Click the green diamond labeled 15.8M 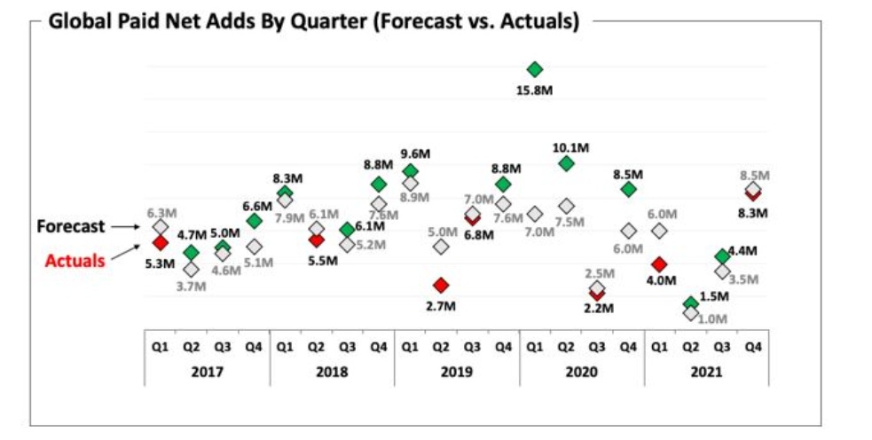(x=534, y=69)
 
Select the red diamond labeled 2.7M (x=441, y=285)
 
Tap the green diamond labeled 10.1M (x=566, y=163)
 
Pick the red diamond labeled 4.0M (x=659, y=263)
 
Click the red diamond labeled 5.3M (x=160, y=242)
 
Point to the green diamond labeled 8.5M (x=629, y=189)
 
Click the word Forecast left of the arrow (x=71, y=226)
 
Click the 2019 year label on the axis (x=457, y=373)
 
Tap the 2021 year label (x=706, y=373)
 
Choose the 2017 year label (x=207, y=373)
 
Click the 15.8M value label (x=535, y=90)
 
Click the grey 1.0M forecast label (x=712, y=318)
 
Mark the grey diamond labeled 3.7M (x=191, y=269)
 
